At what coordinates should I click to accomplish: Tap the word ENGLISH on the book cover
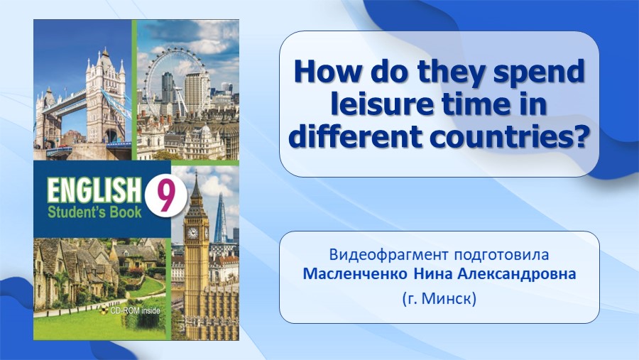point(93,190)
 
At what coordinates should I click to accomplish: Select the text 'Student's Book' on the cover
point(94,212)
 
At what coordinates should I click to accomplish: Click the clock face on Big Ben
point(192,233)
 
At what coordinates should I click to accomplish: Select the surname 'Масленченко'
point(355,273)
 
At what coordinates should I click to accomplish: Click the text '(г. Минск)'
point(439,299)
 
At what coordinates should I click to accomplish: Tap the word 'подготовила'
point(501,255)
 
